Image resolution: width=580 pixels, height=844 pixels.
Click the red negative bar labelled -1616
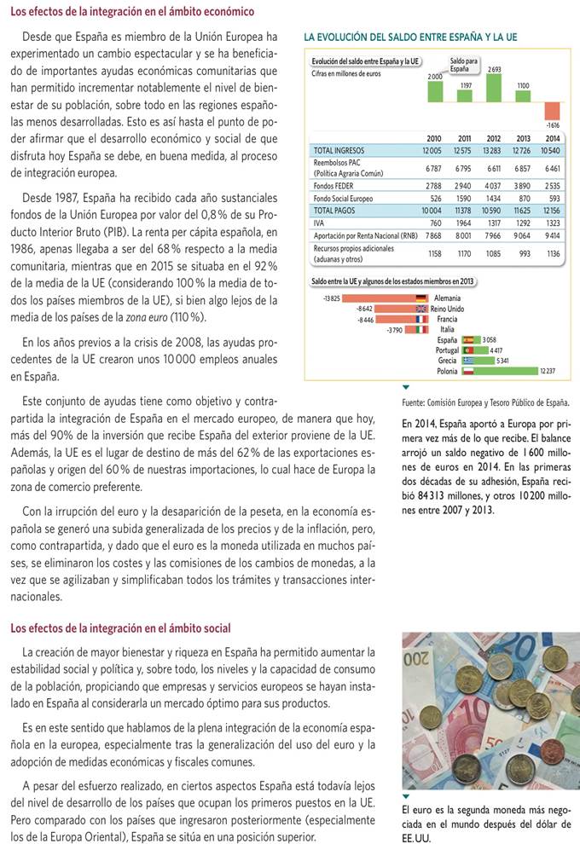[x=552, y=111]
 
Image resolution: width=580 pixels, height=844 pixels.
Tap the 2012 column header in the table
[x=493, y=138]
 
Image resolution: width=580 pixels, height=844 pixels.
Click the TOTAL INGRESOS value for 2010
[x=432, y=151]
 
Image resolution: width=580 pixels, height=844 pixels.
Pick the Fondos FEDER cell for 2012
[x=493, y=185]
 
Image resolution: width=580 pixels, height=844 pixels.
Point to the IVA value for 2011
[x=464, y=223]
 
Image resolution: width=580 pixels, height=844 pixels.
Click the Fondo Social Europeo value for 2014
[x=553, y=198]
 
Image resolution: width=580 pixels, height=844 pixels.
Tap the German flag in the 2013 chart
[x=420, y=298]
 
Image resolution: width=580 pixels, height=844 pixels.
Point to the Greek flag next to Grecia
[x=467, y=361]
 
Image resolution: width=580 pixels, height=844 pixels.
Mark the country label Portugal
[x=447, y=350]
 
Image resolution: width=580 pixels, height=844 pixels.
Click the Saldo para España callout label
[x=464, y=65]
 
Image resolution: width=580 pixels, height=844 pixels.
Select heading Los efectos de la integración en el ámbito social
[x=120, y=628]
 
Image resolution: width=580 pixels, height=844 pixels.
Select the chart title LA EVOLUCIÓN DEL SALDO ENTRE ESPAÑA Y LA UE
[x=410, y=38]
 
